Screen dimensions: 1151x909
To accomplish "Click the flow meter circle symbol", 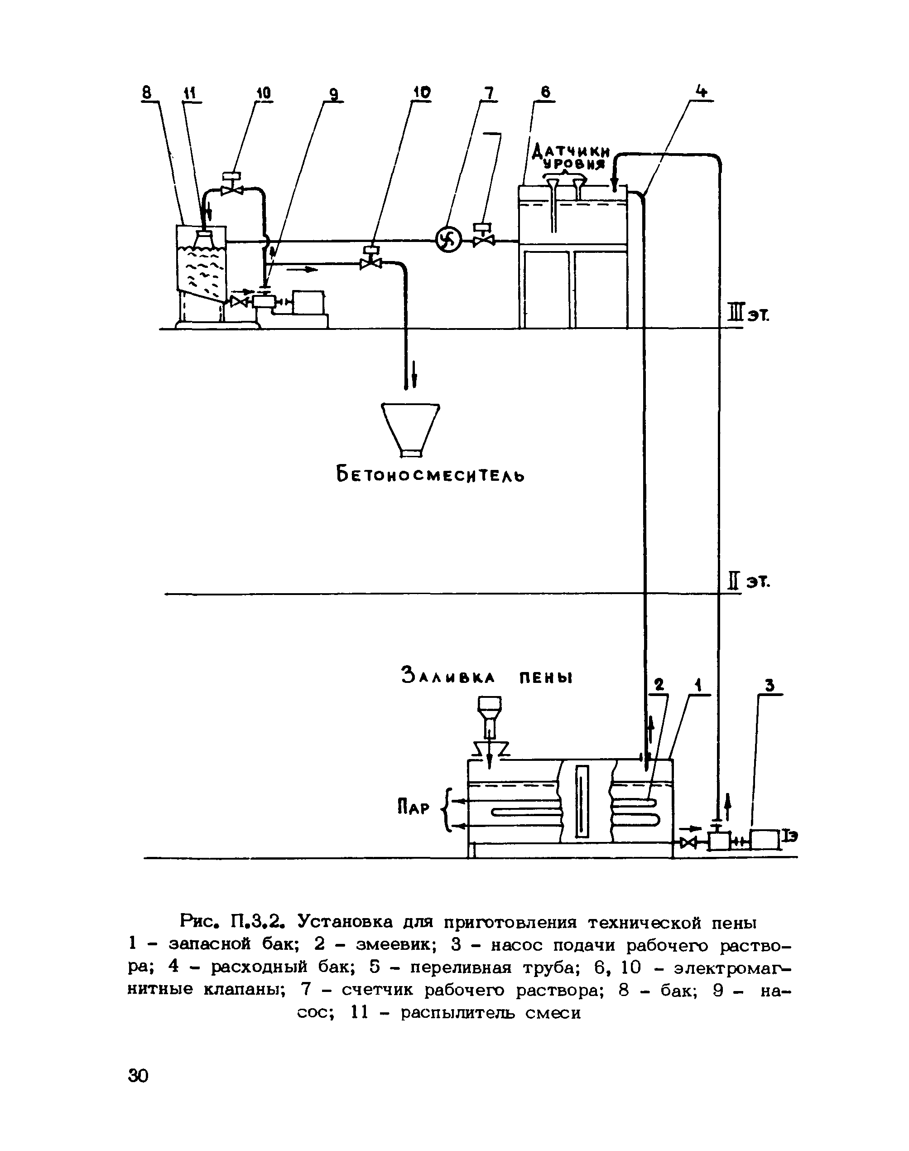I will click(448, 241).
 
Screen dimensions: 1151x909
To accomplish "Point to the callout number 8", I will click(147, 93).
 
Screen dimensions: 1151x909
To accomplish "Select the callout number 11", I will click(190, 94).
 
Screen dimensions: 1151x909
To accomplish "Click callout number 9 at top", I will click(333, 94).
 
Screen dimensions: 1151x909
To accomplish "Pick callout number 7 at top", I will click(488, 93).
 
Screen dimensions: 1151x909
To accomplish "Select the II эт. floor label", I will click(748, 582).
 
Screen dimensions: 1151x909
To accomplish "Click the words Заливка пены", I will click(487, 677).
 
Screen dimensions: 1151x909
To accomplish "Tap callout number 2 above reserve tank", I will click(659, 685).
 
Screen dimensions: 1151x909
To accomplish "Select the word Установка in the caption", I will click(346, 920).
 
